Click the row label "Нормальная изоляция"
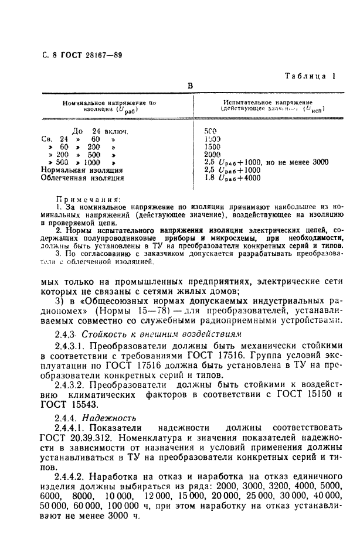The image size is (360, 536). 81,170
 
